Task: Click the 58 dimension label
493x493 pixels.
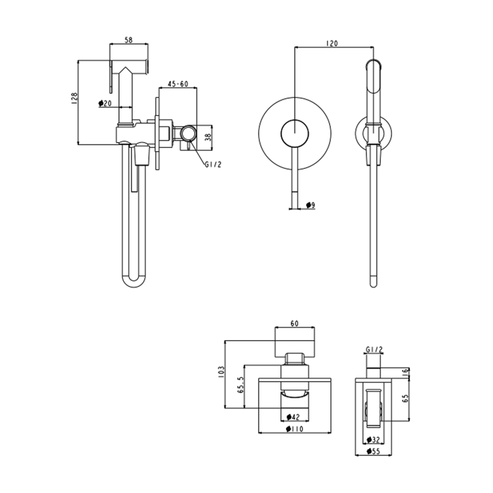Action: (x=129, y=40)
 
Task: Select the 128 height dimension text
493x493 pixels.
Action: (x=74, y=98)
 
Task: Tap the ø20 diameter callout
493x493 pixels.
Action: (x=105, y=103)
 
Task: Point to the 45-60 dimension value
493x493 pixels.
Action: (x=178, y=84)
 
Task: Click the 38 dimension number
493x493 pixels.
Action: (x=208, y=136)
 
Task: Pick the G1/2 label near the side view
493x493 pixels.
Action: (x=213, y=165)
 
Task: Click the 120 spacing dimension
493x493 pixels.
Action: (x=332, y=43)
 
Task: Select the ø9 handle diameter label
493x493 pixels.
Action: (x=311, y=205)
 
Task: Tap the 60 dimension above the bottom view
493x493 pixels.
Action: (x=295, y=323)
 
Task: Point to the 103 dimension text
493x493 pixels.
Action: (x=221, y=372)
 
